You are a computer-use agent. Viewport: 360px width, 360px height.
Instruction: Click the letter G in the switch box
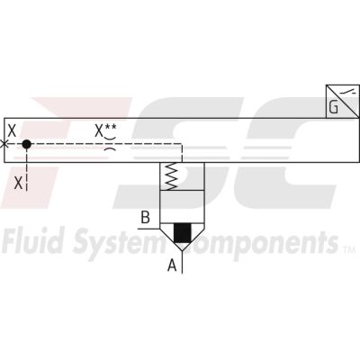click(334, 107)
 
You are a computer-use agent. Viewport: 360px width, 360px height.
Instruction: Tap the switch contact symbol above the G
click(350, 92)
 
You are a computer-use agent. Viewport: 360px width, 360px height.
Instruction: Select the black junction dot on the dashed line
click(27, 144)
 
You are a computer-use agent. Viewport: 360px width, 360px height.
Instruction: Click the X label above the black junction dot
click(12, 130)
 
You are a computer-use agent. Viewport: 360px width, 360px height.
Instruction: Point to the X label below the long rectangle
click(19, 183)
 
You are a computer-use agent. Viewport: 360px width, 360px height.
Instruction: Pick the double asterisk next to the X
click(111, 127)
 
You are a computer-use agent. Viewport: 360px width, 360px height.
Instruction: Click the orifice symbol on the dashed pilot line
click(110, 144)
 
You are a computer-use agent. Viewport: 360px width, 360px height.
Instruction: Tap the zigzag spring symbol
click(172, 176)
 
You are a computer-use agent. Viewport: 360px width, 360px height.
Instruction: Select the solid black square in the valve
click(183, 233)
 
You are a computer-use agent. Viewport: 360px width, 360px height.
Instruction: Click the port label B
click(146, 218)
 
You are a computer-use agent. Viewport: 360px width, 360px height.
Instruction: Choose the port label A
click(172, 265)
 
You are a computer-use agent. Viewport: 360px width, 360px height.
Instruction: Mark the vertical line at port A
click(182, 262)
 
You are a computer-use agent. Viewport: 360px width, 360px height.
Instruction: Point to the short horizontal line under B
click(148, 229)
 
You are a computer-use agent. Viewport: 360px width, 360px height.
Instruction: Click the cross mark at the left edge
click(4, 144)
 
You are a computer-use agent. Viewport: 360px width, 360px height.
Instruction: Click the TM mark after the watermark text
click(349, 248)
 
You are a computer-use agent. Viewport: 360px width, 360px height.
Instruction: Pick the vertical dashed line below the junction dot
click(27, 170)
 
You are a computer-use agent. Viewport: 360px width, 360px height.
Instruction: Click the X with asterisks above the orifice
click(105, 130)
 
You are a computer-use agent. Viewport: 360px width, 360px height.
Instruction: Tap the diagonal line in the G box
click(343, 102)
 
